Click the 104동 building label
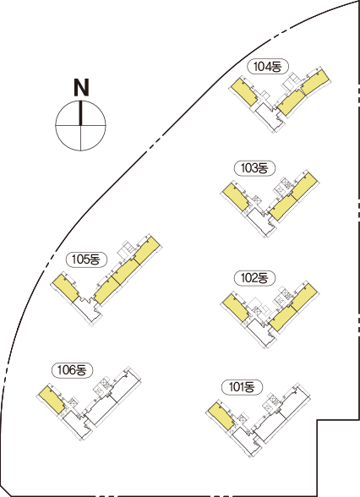point(268,67)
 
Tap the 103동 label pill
point(254,168)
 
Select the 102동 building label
point(254,278)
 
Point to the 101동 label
point(242,387)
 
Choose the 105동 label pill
point(86,259)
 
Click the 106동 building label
point(72,370)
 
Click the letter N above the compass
point(81,88)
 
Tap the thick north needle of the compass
point(81,113)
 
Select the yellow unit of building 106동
point(52,399)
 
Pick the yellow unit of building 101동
point(221,416)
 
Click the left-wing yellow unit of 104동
point(244,92)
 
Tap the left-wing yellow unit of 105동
point(66,288)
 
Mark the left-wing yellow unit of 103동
point(236,198)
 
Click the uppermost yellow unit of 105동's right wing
point(146,251)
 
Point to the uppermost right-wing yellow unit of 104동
point(314,83)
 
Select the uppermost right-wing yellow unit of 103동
point(304,187)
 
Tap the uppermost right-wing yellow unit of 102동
point(304,298)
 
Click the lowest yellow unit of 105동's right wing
point(106,291)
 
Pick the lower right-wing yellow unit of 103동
point(283,208)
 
